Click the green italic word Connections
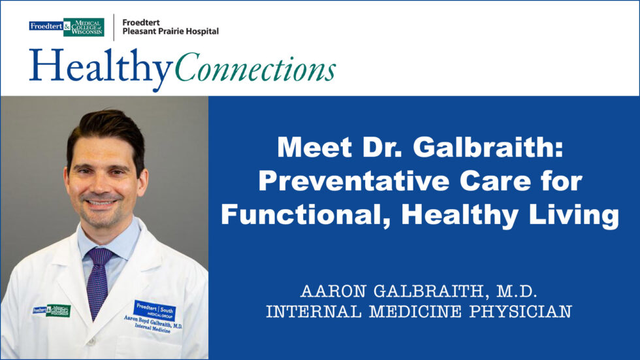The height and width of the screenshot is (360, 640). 255,67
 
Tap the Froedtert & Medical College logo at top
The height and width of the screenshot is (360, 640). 67,27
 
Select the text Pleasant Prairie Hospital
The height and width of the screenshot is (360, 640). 170,31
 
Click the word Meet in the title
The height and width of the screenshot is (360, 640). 314,147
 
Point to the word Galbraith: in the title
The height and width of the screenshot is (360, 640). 488,147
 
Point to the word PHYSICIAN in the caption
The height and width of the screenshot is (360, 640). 520,312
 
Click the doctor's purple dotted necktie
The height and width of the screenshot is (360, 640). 98,282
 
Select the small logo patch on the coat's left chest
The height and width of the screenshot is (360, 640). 52,310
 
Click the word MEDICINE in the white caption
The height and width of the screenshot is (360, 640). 415,312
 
